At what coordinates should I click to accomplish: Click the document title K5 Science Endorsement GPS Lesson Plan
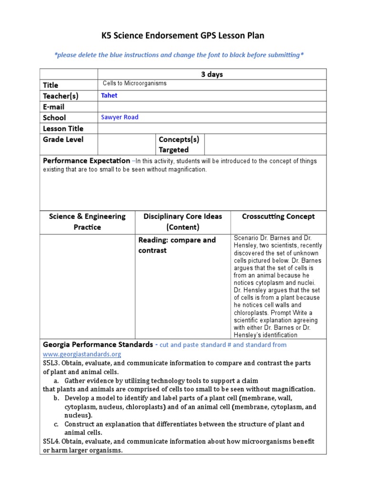click(x=183, y=36)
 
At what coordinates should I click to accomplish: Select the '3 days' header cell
click(x=212, y=74)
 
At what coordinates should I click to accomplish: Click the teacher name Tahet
click(x=109, y=95)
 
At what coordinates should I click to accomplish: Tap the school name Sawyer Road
click(x=120, y=117)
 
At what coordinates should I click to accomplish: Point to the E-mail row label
click(x=54, y=107)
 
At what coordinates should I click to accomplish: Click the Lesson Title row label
click(x=63, y=129)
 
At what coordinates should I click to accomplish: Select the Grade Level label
click(x=63, y=140)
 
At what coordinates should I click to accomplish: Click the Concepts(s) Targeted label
click(x=179, y=144)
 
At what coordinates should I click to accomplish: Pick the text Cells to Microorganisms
click(x=135, y=83)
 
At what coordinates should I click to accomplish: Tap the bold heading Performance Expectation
click(x=86, y=161)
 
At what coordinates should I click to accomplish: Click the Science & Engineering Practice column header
click(x=87, y=222)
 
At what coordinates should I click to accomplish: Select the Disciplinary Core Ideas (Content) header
click(x=183, y=222)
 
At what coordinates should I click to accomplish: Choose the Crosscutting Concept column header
click(x=278, y=216)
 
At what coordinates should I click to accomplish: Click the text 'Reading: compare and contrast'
click(x=177, y=245)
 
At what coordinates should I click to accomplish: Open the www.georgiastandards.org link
click(x=82, y=354)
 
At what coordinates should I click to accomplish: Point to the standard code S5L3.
click(x=51, y=363)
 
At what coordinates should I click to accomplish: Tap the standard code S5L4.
click(x=51, y=441)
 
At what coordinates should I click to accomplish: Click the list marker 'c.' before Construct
click(x=56, y=424)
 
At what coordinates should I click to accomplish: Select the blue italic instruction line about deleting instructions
click(x=179, y=55)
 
